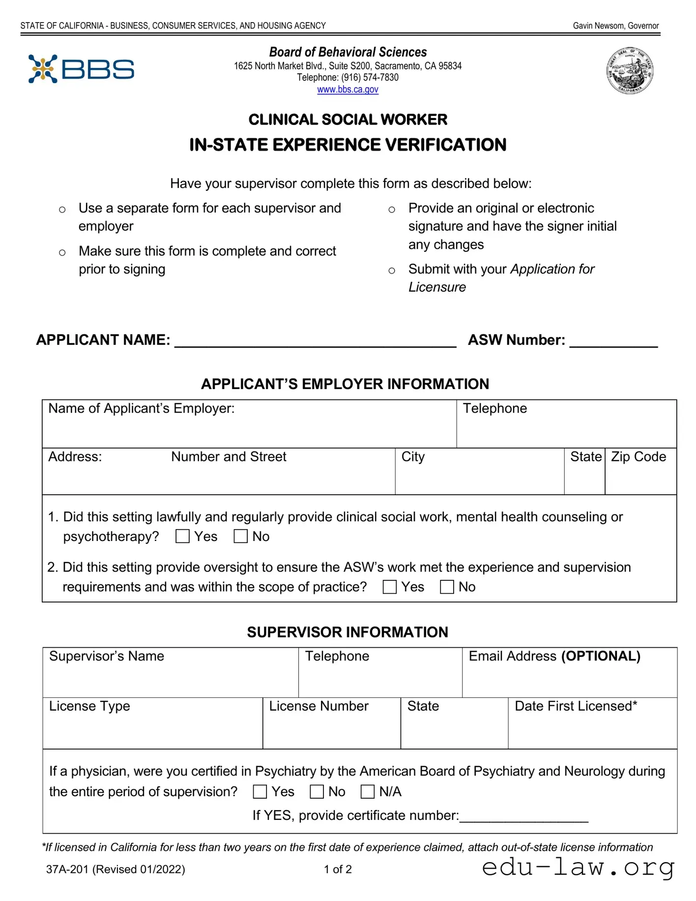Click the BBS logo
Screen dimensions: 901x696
coord(81,69)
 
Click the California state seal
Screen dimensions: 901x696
coord(630,71)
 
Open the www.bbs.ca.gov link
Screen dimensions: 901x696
coord(348,90)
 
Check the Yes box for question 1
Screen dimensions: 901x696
coord(182,536)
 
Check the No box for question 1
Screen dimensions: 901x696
coord(240,536)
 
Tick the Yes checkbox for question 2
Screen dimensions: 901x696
coord(389,587)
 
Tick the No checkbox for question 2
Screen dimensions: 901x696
coord(447,587)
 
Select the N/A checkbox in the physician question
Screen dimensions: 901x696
coord(368,791)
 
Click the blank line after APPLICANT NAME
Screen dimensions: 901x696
coord(316,342)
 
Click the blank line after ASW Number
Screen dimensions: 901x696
coord(613,342)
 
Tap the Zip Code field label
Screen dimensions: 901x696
coord(638,457)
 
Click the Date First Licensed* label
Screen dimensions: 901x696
coord(576,706)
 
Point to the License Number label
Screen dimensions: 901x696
coord(319,706)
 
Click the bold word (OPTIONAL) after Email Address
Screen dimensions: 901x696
coord(601,656)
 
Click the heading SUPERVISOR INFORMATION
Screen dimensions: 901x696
coord(348,632)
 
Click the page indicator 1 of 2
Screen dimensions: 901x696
coord(338,869)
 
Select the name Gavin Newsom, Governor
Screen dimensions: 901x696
coord(615,26)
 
